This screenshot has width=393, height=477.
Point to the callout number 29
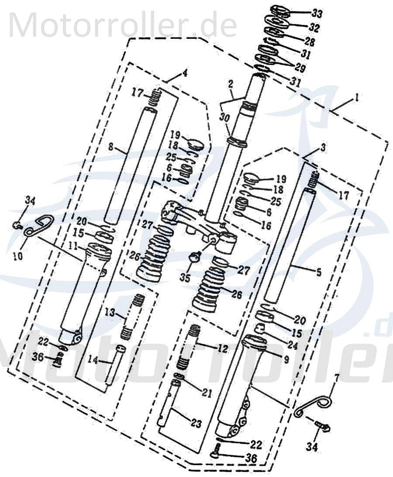pos(300,68)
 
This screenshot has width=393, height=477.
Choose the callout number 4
pos(185,73)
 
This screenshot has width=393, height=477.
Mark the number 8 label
pos(111,148)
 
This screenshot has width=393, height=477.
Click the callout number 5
pos(318,273)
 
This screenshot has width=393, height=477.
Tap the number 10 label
pos(17,256)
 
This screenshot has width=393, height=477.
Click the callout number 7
pos(336,376)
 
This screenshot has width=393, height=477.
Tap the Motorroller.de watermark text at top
pos(122,24)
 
